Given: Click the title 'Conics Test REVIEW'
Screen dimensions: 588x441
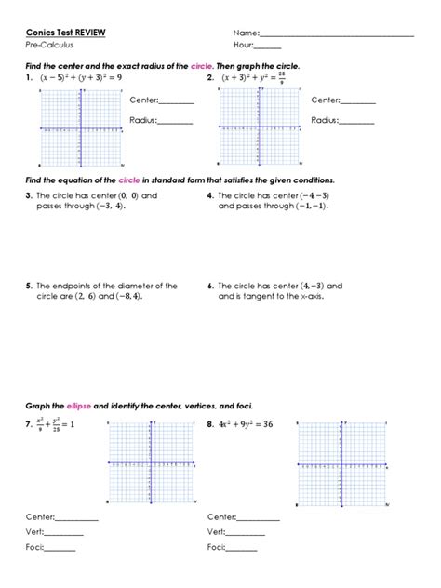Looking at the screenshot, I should (x=66, y=32).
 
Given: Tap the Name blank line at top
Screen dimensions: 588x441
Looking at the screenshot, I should (x=335, y=34).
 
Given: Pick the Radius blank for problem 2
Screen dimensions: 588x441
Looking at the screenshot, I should (x=357, y=122).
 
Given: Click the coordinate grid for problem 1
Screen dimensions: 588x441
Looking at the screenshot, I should (x=81, y=129).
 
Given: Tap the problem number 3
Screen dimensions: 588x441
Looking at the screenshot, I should (x=30, y=196).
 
